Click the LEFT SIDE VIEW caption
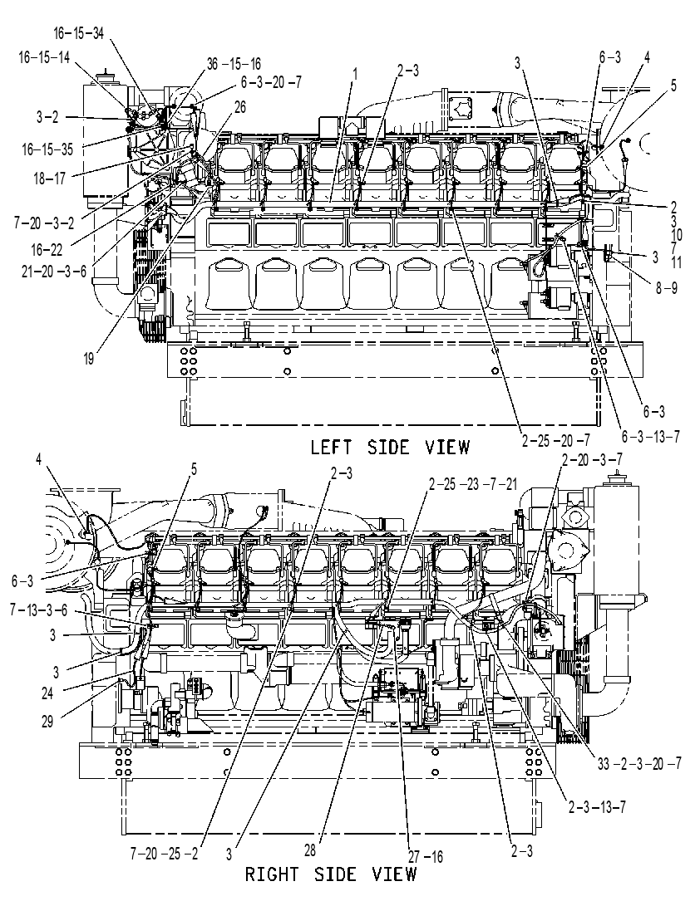coord(389,447)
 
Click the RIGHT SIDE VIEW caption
coord(331,874)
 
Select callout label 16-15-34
coord(79,33)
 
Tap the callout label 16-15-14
coord(44,57)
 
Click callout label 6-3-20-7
coord(270,82)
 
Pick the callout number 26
coord(240,107)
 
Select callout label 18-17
coord(50,179)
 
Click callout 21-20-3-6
coord(54,271)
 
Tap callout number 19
coord(89,360)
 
